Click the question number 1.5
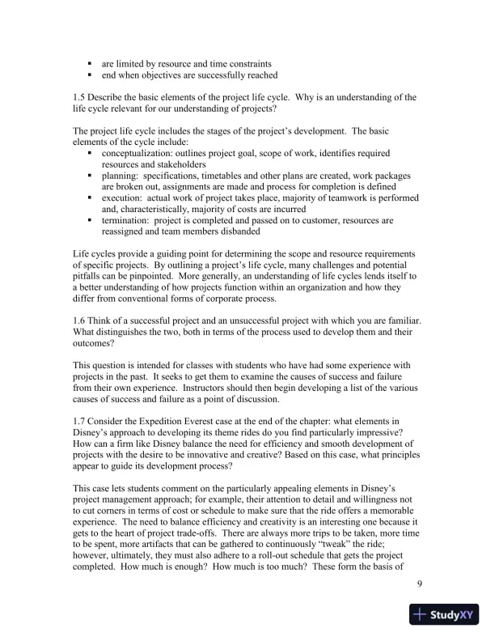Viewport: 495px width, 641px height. tap(79, 97)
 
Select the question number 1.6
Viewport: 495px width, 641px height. tap(79, 322)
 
